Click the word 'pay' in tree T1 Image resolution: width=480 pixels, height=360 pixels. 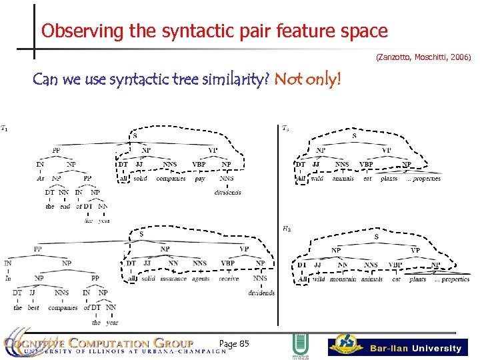coord(200,179)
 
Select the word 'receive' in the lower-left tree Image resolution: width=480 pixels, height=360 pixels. coord(229,279)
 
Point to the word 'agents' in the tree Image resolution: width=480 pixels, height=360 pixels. coord(201,279)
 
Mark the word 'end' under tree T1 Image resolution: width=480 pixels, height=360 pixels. coord(65,207)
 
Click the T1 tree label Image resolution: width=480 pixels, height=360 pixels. coord(5,128)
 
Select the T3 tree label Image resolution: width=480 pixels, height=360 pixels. coord(285,128)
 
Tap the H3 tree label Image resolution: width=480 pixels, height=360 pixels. coord(286,229)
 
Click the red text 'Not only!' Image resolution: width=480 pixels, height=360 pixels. coord(308,80)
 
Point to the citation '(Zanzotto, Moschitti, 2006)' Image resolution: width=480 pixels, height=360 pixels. coord(423,58)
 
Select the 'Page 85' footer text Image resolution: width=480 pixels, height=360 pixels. coord(234,343)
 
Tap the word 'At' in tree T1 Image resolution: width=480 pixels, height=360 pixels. coord(39,179)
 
